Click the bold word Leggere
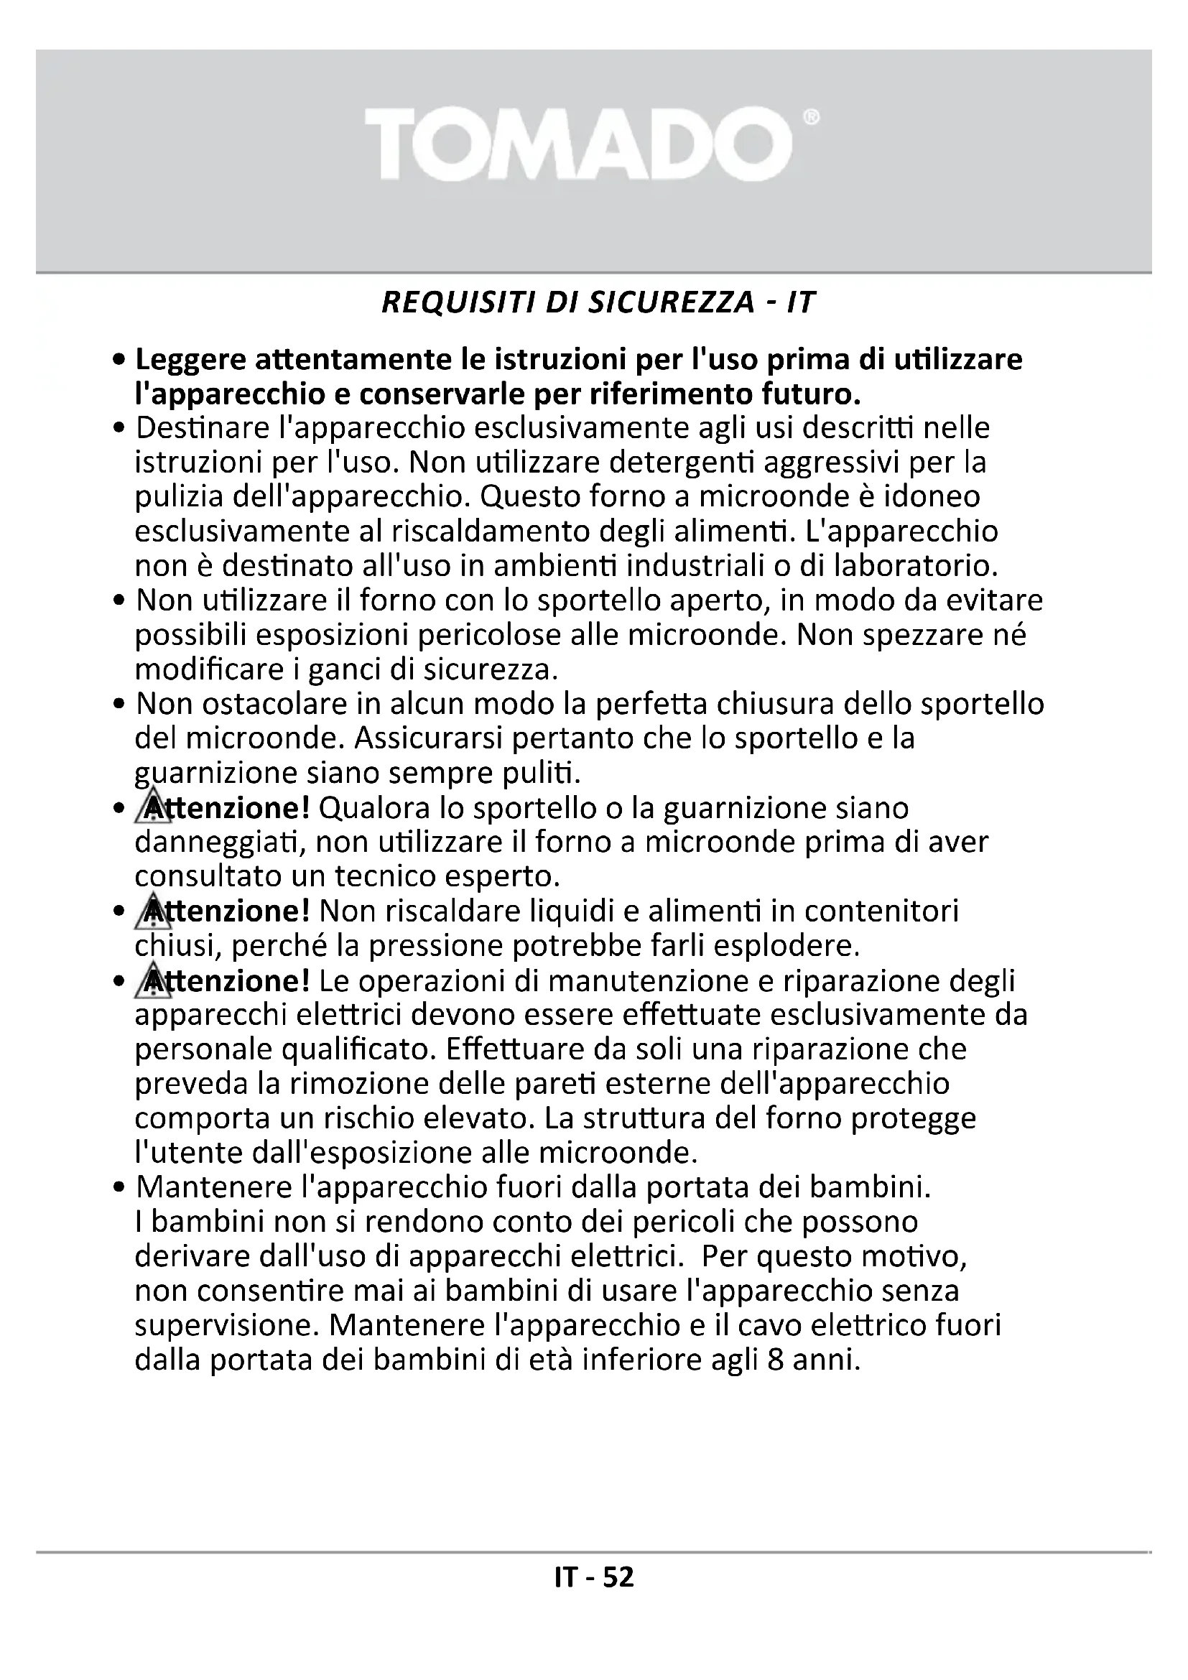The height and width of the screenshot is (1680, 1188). coord(189,360)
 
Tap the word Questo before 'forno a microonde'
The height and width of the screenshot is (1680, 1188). coord(520,497)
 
